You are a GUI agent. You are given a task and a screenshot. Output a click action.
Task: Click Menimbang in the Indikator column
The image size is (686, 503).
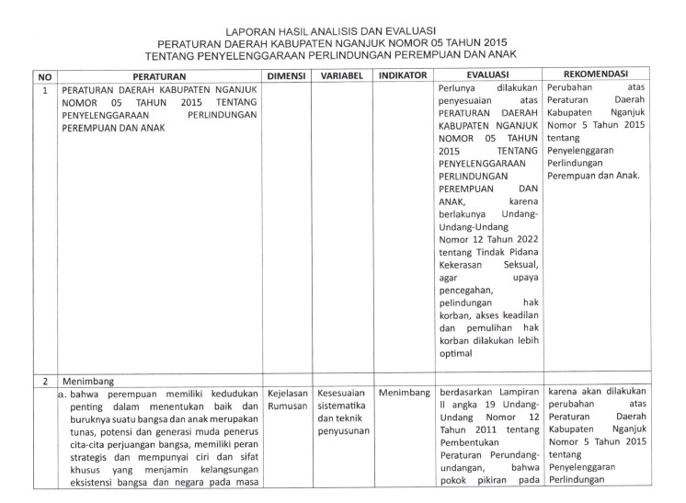tap(403, 393)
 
